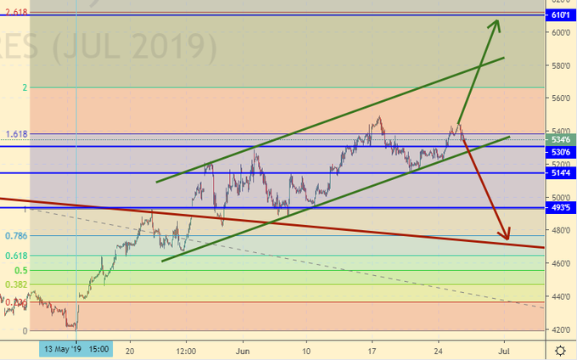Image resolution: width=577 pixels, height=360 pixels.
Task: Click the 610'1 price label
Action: point(560,15)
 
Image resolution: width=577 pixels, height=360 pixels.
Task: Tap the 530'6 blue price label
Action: point(560,150)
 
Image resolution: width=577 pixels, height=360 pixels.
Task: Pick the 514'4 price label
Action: point(560,172)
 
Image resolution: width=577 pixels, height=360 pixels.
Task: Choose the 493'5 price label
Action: point(560,207)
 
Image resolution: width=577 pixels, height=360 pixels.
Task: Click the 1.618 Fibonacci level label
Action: point(17,134)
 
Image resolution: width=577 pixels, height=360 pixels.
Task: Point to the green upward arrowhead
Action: point(496,24)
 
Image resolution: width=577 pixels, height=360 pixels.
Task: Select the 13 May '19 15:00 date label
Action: point(75,350)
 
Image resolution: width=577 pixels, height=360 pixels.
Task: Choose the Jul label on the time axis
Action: point(504,350)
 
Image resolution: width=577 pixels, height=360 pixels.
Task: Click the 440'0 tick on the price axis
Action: point(560,296)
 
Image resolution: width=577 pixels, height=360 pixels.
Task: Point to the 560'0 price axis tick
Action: point(560,98)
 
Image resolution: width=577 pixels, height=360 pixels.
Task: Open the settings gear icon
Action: point(560,350)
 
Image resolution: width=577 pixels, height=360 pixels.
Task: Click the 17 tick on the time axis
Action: point(373,350)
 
